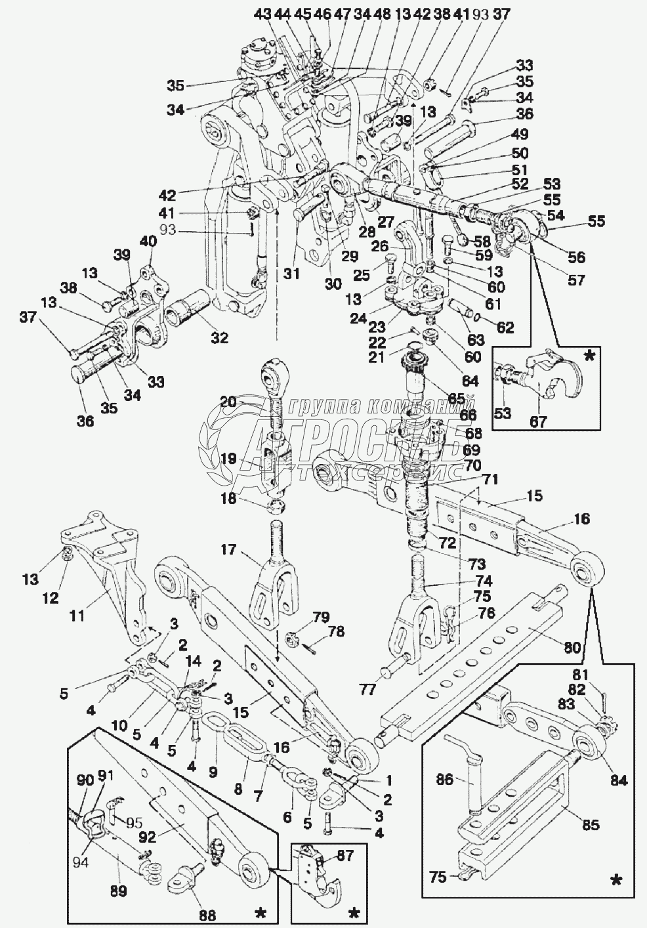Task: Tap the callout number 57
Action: coord(576,280)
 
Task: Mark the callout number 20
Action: coord(228,402)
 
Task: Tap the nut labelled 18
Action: coord(277,507)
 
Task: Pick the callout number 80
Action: coord(572,648)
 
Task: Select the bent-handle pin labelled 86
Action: coord(477,774)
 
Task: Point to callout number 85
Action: coord(591,824)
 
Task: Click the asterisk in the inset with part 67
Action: coord(590,356)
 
